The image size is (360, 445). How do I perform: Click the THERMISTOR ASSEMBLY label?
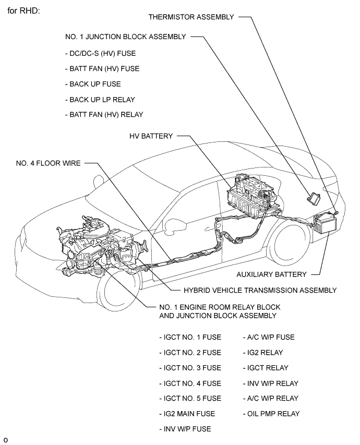point(191,17)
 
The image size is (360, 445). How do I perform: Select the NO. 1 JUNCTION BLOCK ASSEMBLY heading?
point(125,37)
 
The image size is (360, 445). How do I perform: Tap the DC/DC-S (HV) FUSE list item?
point(103,53)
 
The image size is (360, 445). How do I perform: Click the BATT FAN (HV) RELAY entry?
point(103,114)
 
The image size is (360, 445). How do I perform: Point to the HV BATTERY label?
point(151,136)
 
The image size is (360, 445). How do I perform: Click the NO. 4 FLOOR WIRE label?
point(47,163)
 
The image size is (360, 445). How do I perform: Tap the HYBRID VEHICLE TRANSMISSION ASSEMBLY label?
point(260,290)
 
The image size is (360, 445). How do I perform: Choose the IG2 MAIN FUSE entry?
point(187,414)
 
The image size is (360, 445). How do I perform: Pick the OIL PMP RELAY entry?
point(271,414)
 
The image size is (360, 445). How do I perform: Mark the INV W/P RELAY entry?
point(270,383)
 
